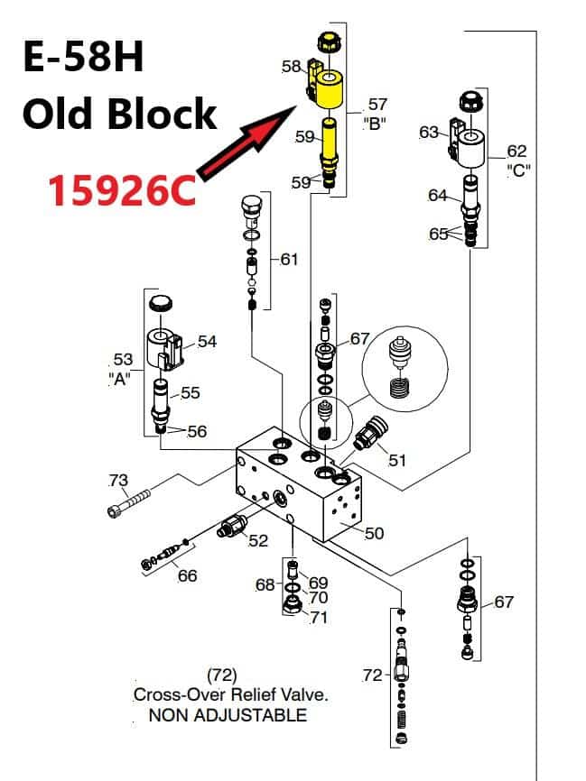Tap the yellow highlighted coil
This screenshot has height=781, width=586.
tap(330, 89)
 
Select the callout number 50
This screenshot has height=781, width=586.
tap(374, 534)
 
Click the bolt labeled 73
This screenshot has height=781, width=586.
tap(129, 503)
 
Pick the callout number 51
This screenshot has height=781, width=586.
tap(397, 460)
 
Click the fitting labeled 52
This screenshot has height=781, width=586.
tap(232, 526)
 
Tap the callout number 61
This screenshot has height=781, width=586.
tap(289, 259)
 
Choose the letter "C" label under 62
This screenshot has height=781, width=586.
tap(518, 170)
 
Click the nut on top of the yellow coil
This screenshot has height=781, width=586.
tap(328, 41)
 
